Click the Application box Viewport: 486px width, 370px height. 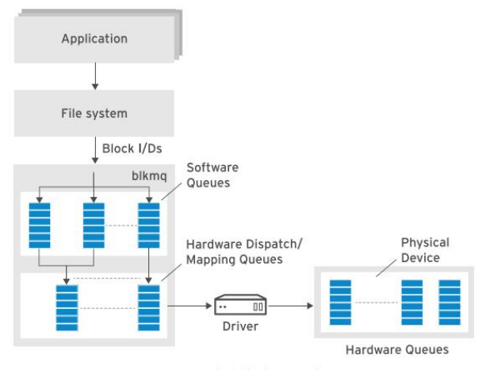pos(94,38)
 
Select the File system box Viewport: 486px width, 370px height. pos(94,113)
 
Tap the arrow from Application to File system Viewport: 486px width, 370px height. pos(94,75)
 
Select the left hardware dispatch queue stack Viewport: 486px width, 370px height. pos(67,307)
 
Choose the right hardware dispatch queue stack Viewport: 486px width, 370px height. pos(148,307)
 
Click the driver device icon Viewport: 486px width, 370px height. pos(239,304)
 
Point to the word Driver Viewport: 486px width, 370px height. pos(239,326)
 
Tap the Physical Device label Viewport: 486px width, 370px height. pos(424,249)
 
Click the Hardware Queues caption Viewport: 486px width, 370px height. pos(396,349)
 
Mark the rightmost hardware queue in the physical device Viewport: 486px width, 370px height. pos(450,303)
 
